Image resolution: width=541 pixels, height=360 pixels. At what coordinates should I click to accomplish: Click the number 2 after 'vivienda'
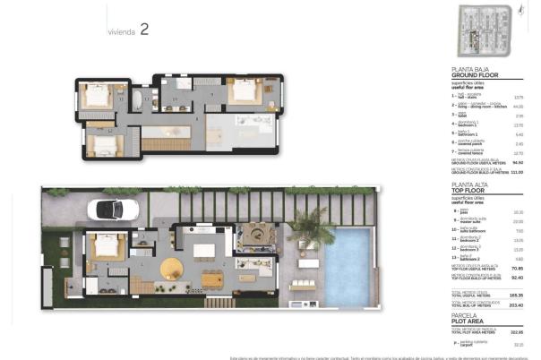pos(144,30)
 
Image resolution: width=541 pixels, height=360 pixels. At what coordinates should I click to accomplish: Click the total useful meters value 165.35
pos(517,295)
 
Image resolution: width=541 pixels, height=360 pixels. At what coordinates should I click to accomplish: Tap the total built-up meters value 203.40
pos(517,304)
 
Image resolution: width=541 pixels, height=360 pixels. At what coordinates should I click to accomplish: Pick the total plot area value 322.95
pos(517,331)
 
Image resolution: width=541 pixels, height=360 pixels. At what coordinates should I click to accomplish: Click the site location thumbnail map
pos(487,30)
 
